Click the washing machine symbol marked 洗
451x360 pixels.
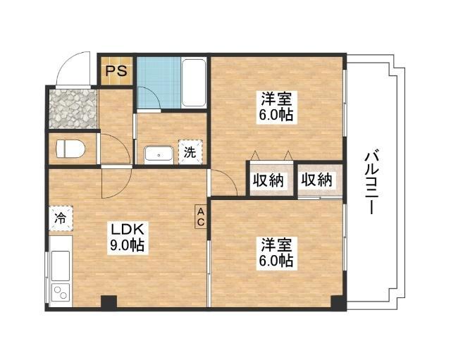[190, 150]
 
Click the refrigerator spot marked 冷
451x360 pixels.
[61, 218]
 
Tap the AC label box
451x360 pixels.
[200, 217]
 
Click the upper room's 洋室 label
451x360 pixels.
[276, 99]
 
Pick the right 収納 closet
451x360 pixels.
[316, 180]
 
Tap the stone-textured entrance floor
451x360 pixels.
[72, 108]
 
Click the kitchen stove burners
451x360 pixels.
[59, 294]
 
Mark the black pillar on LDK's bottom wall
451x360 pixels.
[108, 302]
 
